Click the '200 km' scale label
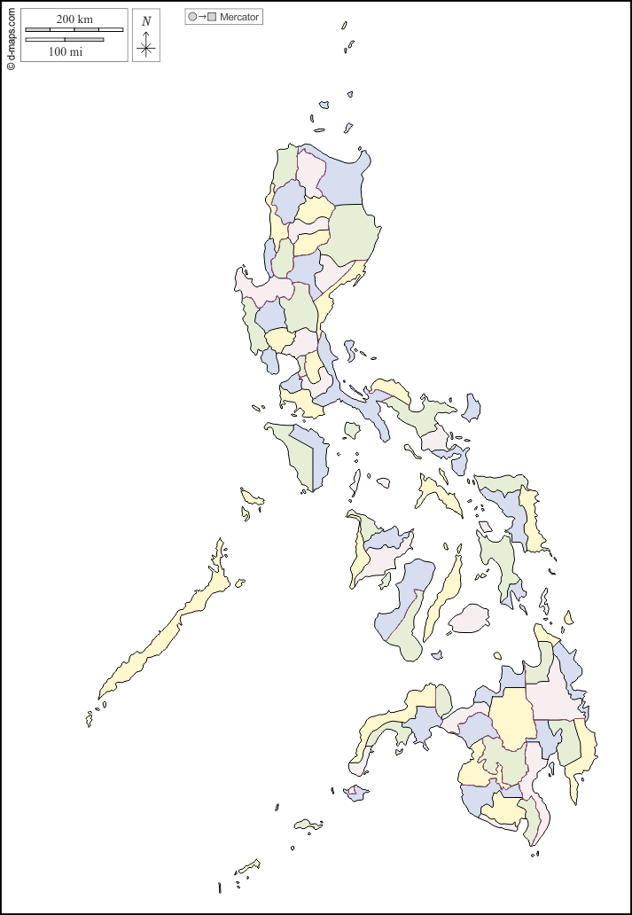click(74, 19)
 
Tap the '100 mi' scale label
click(65, 52)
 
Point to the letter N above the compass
click(146, 21)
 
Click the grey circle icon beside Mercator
click(192, 17)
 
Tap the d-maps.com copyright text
click(11, 37)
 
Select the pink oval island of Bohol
click(469, 618)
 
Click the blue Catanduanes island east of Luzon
click(471, 408)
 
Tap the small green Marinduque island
click(352, 430)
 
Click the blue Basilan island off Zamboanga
click(356, 793)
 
